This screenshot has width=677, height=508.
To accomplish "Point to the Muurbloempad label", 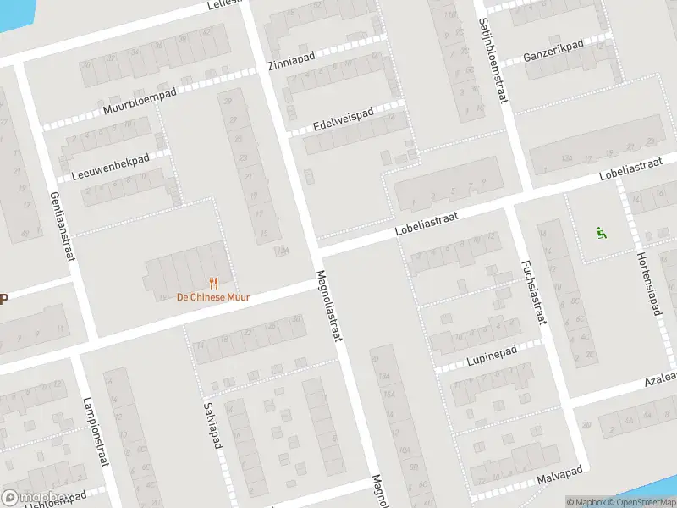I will coord(140,102).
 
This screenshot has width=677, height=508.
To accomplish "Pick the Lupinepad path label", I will coord(492,357).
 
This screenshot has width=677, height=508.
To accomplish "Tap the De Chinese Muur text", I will coord(212,297).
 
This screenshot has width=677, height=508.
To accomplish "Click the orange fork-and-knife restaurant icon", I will coord(213,283).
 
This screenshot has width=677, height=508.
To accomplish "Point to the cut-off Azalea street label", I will coord(659,378).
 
